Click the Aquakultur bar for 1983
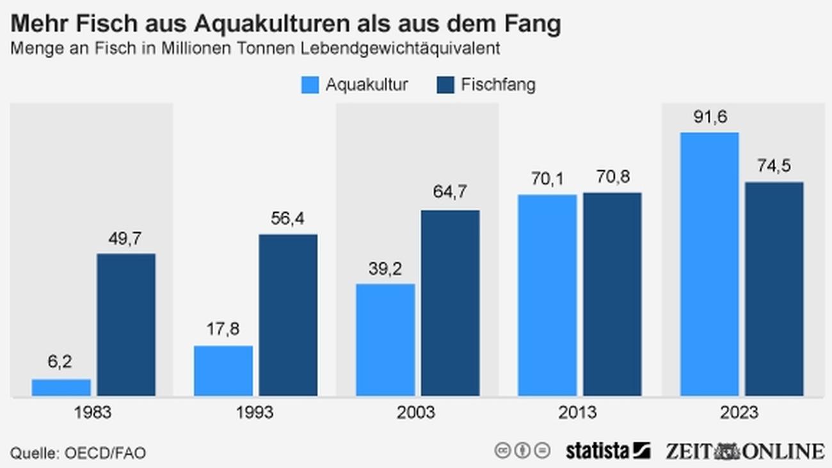(x=61, y=387)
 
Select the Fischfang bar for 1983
(x=126, y=325)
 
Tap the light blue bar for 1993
(x=223, y=371)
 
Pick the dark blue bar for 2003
(x=450, y=303)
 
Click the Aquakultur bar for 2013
(x=547, y=295)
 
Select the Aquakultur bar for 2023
(x=709, y=264)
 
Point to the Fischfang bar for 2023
(x=774, y=289)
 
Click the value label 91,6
(x=709, y=118)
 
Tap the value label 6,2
(x=60, y=362)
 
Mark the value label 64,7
(x=450, y=192)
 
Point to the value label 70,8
(x=612, y=177)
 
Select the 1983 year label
(x=93, y=412)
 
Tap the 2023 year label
(x=740, y=412)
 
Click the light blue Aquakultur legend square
(x=310, y=85)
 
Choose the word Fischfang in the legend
(x=498, y=85)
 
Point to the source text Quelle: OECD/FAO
(x=78, y=453)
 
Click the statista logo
(x=607, y=451)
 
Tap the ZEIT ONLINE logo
(x=744, y=451)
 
